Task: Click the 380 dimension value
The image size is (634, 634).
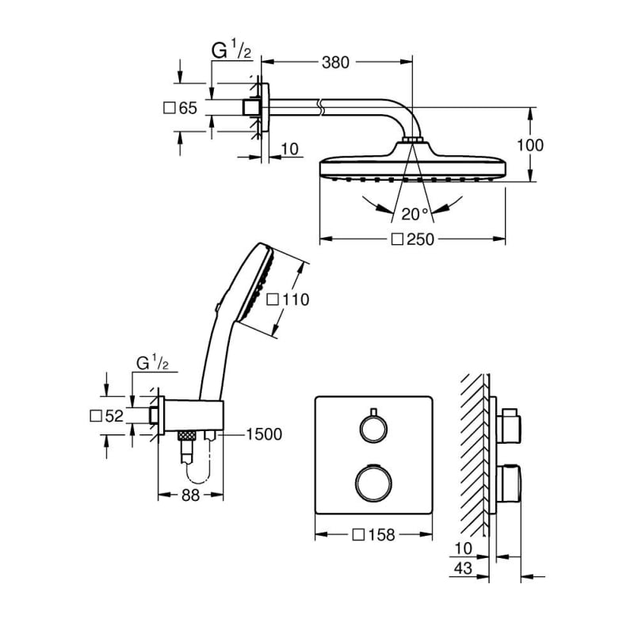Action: (335, 63)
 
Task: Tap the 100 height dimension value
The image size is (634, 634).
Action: (530, 145)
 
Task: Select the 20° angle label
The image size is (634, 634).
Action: (414, 214)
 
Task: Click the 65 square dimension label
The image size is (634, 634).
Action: (188, 108)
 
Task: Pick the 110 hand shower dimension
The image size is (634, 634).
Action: (296, 300)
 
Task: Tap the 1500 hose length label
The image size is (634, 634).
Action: (264, 434)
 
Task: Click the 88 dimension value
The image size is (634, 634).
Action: (190, 495)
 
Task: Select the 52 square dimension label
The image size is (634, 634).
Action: (114, 416)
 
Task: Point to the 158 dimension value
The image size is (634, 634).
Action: (381, 535)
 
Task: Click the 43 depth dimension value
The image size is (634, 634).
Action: (463, 569)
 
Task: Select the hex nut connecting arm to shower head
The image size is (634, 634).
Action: (412, 140)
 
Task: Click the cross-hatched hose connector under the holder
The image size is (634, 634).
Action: (187, 435)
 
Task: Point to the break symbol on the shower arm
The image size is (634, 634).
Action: (321, 107)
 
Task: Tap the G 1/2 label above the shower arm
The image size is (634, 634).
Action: (231, 50)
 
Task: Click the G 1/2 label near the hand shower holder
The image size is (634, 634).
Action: (152, 362)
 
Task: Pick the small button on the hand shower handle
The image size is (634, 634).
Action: (218, 307)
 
